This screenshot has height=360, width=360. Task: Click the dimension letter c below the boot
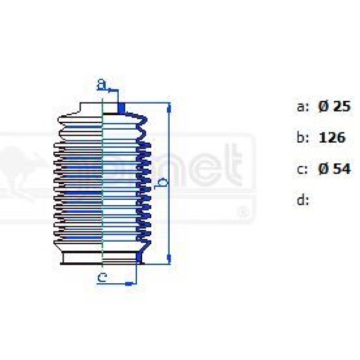coord(103,277)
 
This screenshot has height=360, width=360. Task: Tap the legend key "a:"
coord(303,107)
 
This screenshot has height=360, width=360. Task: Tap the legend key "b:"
coord(303,137)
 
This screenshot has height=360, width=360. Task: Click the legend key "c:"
coord(303,169)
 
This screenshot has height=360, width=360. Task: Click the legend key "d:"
coord(303,200)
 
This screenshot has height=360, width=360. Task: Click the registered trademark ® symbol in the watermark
coord(241,212)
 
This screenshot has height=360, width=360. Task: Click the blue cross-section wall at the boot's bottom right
coord(139,257)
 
